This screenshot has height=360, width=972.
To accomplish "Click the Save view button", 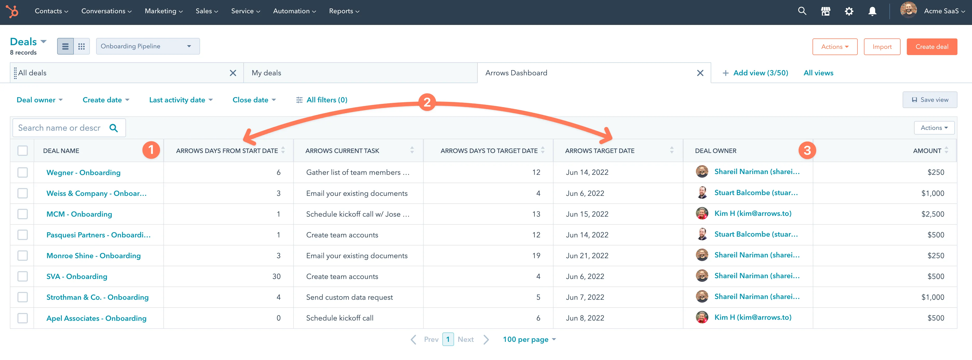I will coord(929,100).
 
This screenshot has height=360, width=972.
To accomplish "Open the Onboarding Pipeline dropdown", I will coord(148,46).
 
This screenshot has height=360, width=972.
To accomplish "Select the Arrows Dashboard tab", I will coord(516,73).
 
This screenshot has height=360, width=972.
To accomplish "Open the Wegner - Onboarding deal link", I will coord(83,172).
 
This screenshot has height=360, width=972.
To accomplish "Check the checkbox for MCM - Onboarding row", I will coord(23,214).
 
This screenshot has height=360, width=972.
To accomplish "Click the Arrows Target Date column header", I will coord(599,151).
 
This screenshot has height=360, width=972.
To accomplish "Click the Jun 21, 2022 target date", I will coord(587,256).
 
